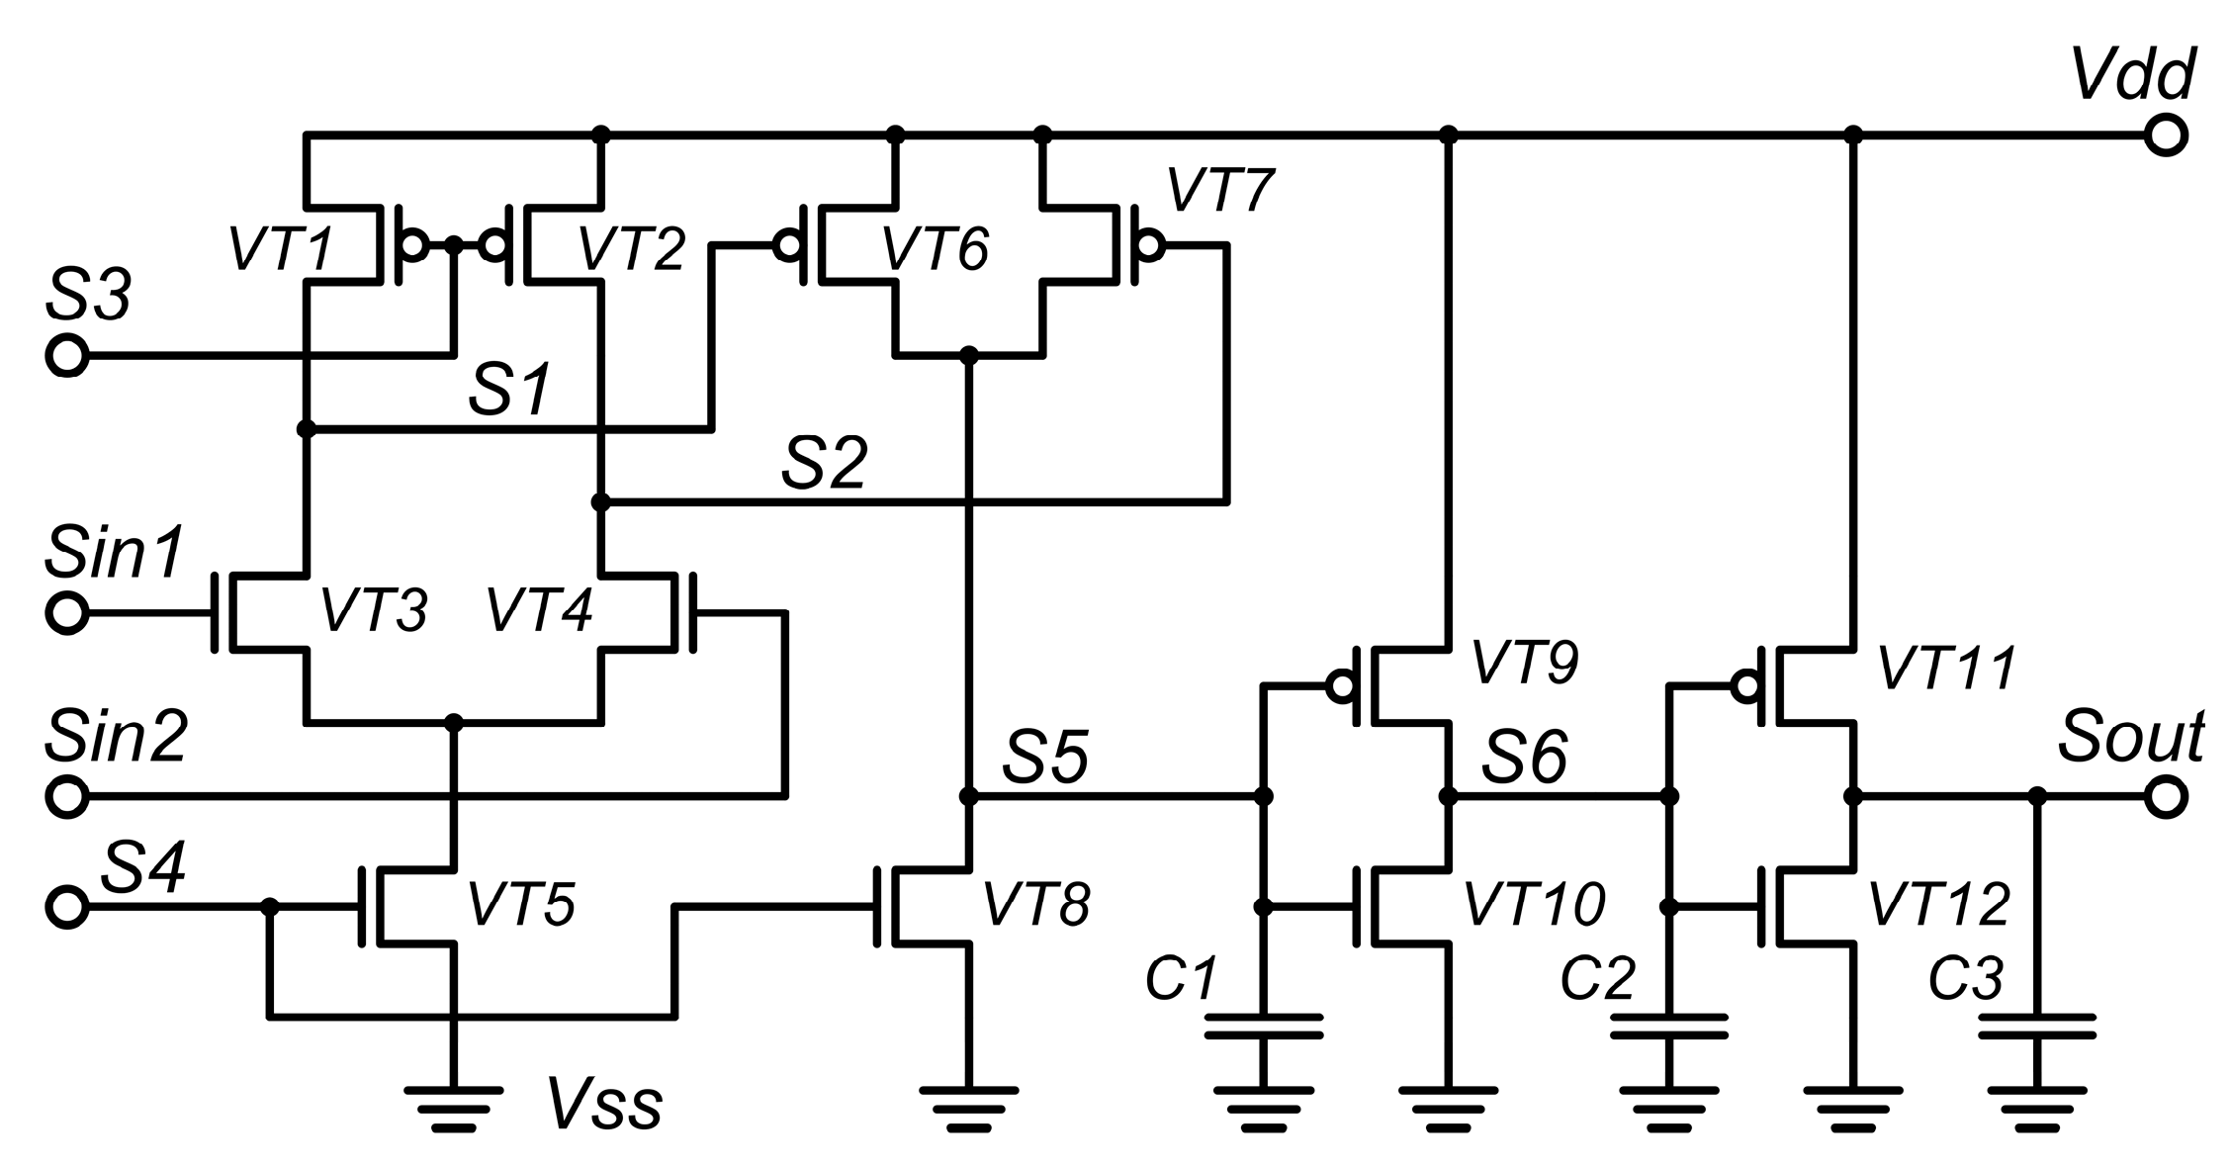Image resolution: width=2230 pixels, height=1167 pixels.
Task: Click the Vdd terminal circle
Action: (x=2166, y=135)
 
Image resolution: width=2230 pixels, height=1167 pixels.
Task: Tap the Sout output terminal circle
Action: (x=2166, y=796)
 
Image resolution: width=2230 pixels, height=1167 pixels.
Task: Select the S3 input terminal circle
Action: (x=67, y=356)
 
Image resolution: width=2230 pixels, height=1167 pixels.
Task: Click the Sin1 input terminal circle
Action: (x=67, y=613)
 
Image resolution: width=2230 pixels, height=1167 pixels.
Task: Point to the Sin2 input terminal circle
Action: (x=67, y=796)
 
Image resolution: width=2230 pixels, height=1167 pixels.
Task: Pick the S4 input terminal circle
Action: (x=67, y=906)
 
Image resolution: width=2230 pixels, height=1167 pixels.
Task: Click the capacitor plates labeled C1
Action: (x=1263, y=1026)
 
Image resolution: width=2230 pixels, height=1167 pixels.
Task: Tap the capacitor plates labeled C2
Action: (x=1669, y=1026)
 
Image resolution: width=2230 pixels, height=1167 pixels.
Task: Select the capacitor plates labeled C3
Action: (x=2036, y=1026)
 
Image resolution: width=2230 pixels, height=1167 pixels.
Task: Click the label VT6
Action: (x=935, y=249)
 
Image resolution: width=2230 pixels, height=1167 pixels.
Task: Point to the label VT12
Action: (x=1939, y=904)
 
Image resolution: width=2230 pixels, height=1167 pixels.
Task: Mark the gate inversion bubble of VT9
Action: (x=1342, y=684)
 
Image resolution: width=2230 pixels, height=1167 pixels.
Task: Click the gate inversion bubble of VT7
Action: (x=1149, y=243)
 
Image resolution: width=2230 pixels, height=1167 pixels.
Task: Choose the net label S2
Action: (x=825, y=462)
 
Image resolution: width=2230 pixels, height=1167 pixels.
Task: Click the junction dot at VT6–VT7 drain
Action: (x=969, y=354)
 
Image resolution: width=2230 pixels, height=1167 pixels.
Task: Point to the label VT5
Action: (x=520, y=904)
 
